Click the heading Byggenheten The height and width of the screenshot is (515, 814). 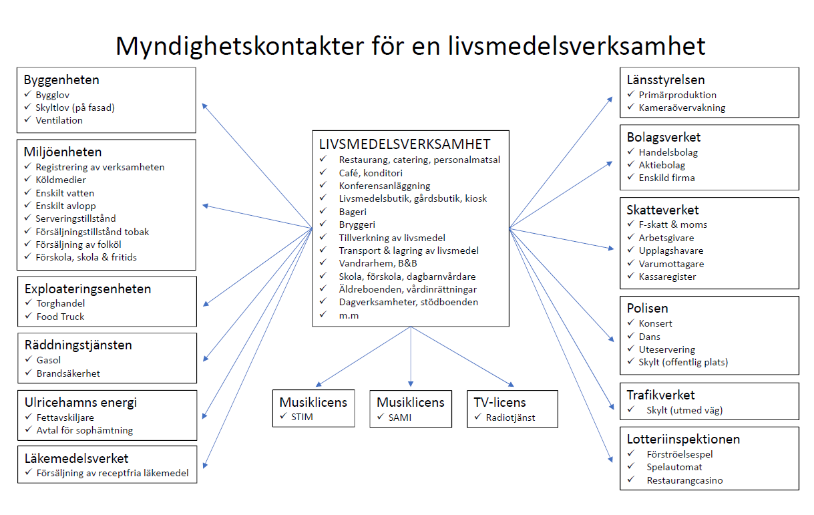61,80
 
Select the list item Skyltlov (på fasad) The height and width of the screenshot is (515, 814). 75,108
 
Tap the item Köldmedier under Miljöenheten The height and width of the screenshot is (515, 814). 61,180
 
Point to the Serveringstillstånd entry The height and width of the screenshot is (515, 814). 75,218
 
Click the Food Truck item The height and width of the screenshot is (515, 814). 60,317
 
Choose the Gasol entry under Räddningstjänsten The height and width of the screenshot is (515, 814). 48,360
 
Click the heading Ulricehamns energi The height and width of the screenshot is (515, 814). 81,402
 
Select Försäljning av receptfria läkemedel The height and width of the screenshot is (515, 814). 113,473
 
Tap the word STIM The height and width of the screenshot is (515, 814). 302,417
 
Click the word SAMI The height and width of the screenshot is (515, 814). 400,417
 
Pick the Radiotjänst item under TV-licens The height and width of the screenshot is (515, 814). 510,417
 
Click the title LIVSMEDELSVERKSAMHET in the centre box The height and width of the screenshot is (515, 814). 405,144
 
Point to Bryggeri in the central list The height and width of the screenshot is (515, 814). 357,225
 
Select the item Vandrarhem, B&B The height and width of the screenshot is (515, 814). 378,263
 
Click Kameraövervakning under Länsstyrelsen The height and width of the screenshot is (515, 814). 682,108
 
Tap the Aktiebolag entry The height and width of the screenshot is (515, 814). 662,166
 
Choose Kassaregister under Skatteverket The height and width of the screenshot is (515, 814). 667,277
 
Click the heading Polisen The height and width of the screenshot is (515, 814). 647,308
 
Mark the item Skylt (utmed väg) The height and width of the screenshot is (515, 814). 684,410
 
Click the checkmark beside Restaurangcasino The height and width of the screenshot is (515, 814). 631,480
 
